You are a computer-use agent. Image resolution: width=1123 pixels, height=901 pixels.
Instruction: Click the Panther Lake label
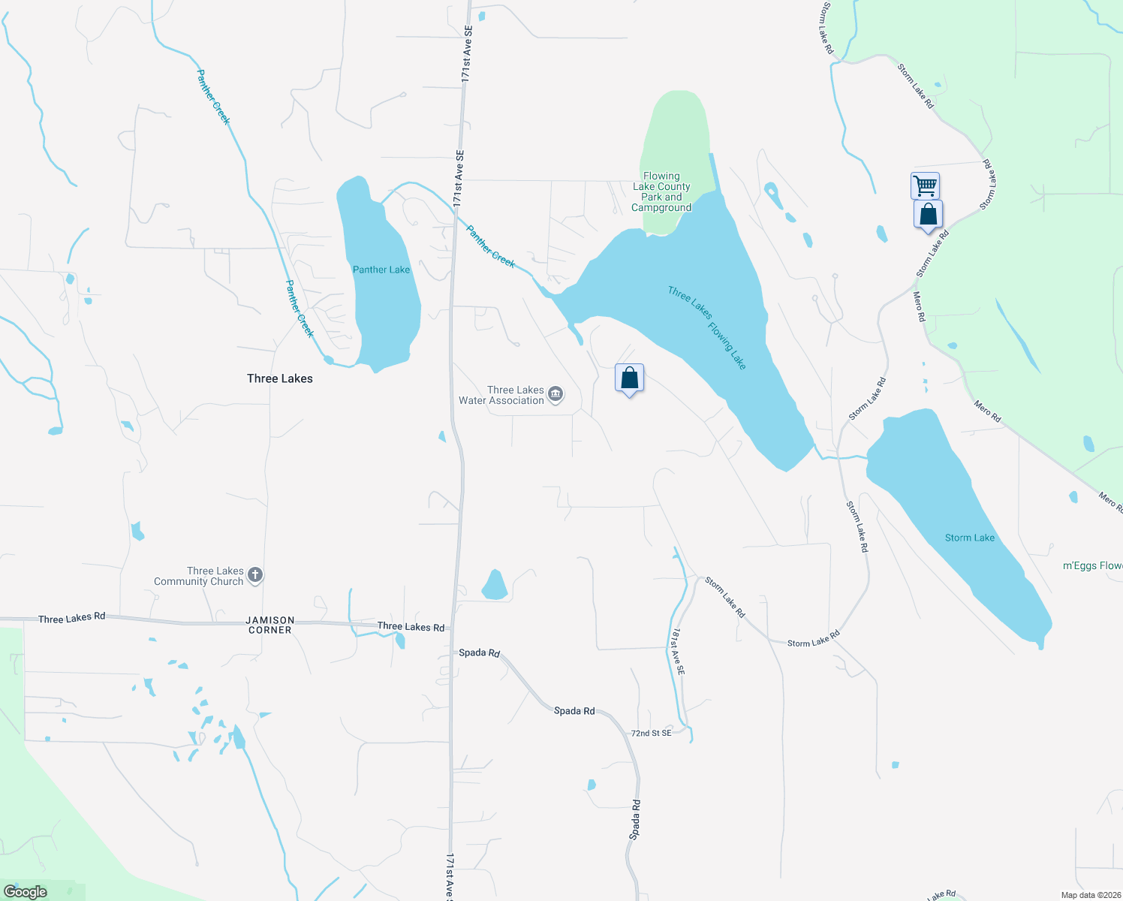tap(381, 270)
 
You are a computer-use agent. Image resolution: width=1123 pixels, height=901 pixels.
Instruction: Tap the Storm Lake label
tap(969, 538)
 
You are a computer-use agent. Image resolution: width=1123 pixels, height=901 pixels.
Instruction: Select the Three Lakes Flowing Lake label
tap(707, 327)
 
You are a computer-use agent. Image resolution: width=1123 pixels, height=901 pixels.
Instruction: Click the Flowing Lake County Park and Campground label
tap(661, 192)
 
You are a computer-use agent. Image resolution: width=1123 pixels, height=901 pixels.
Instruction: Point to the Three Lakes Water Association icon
tap(555, 394)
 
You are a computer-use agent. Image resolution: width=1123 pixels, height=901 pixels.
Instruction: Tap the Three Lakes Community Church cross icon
tap(255, 575)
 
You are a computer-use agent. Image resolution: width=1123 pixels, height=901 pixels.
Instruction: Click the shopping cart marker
tap(925, 185)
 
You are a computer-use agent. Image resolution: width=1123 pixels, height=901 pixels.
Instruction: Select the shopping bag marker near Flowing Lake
tap(629, 378)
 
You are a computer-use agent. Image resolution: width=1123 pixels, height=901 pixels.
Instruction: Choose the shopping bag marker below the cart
tap(928, 214)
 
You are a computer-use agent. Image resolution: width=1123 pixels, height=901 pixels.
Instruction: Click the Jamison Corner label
tap(270, 625)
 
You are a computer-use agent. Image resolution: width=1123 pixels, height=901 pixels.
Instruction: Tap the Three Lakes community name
tap(280, 378)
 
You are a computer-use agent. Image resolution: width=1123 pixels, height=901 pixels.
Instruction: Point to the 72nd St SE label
tap(651, 733)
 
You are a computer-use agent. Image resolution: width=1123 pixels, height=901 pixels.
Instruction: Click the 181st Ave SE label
tap(679, 651)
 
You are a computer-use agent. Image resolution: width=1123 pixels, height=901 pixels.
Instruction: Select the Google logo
tap(26, 891)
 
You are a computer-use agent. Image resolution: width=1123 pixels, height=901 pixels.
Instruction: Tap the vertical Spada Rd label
tap(636, 819)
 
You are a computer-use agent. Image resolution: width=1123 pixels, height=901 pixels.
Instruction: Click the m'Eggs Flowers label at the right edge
tap(1092, 565)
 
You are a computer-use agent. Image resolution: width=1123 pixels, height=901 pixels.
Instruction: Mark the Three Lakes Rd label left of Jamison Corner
tap(72, 618)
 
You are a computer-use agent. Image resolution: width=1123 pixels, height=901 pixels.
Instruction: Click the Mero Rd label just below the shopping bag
tap(919, 306)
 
